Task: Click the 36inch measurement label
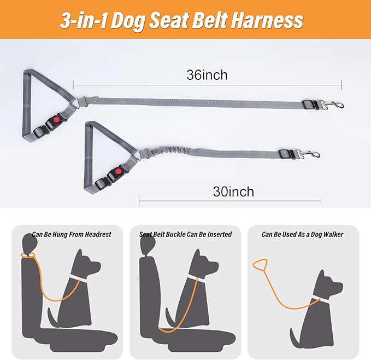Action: point(207,75)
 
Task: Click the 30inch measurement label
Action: point(233,191)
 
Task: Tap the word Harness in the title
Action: point(266,20)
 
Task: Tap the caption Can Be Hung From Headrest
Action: point(71,234)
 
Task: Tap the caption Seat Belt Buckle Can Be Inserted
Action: point(186,234)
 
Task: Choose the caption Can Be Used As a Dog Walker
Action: point(302,234)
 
